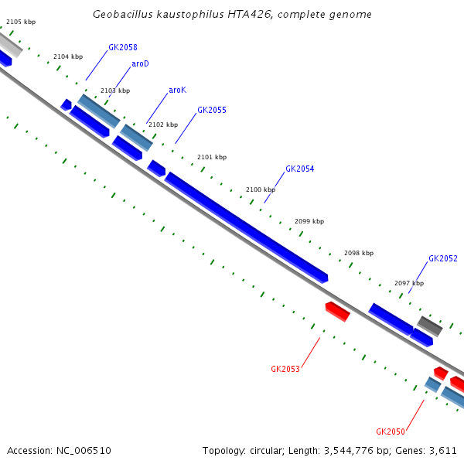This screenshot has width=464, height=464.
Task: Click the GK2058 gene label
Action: tap(122, 48)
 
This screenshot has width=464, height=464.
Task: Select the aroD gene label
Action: tap(140, 64)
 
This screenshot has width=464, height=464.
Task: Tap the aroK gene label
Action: tap(177, 90)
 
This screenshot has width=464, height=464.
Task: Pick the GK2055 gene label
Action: tap(211, 111)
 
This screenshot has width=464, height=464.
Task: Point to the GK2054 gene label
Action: tap(299, 169)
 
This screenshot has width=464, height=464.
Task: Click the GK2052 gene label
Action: tap(442, 259)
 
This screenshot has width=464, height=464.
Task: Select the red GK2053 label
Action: tap(285, 370)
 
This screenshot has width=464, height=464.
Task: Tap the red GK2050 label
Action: tap(391, 432)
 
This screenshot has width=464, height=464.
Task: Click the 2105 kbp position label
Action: tap(21, 22)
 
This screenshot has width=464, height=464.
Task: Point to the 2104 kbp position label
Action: tap(68, 57)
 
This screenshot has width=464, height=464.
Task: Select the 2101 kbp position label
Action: tap(212, 158)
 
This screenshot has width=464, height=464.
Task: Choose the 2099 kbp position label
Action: tap(309, 222)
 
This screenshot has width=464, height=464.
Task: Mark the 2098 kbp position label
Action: tap(359, 254)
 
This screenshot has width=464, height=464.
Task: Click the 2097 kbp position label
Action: tap(409, 284)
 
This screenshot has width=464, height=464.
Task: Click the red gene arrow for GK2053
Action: tap(337, 311)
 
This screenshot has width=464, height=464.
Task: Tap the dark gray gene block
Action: tap(430, 326)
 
